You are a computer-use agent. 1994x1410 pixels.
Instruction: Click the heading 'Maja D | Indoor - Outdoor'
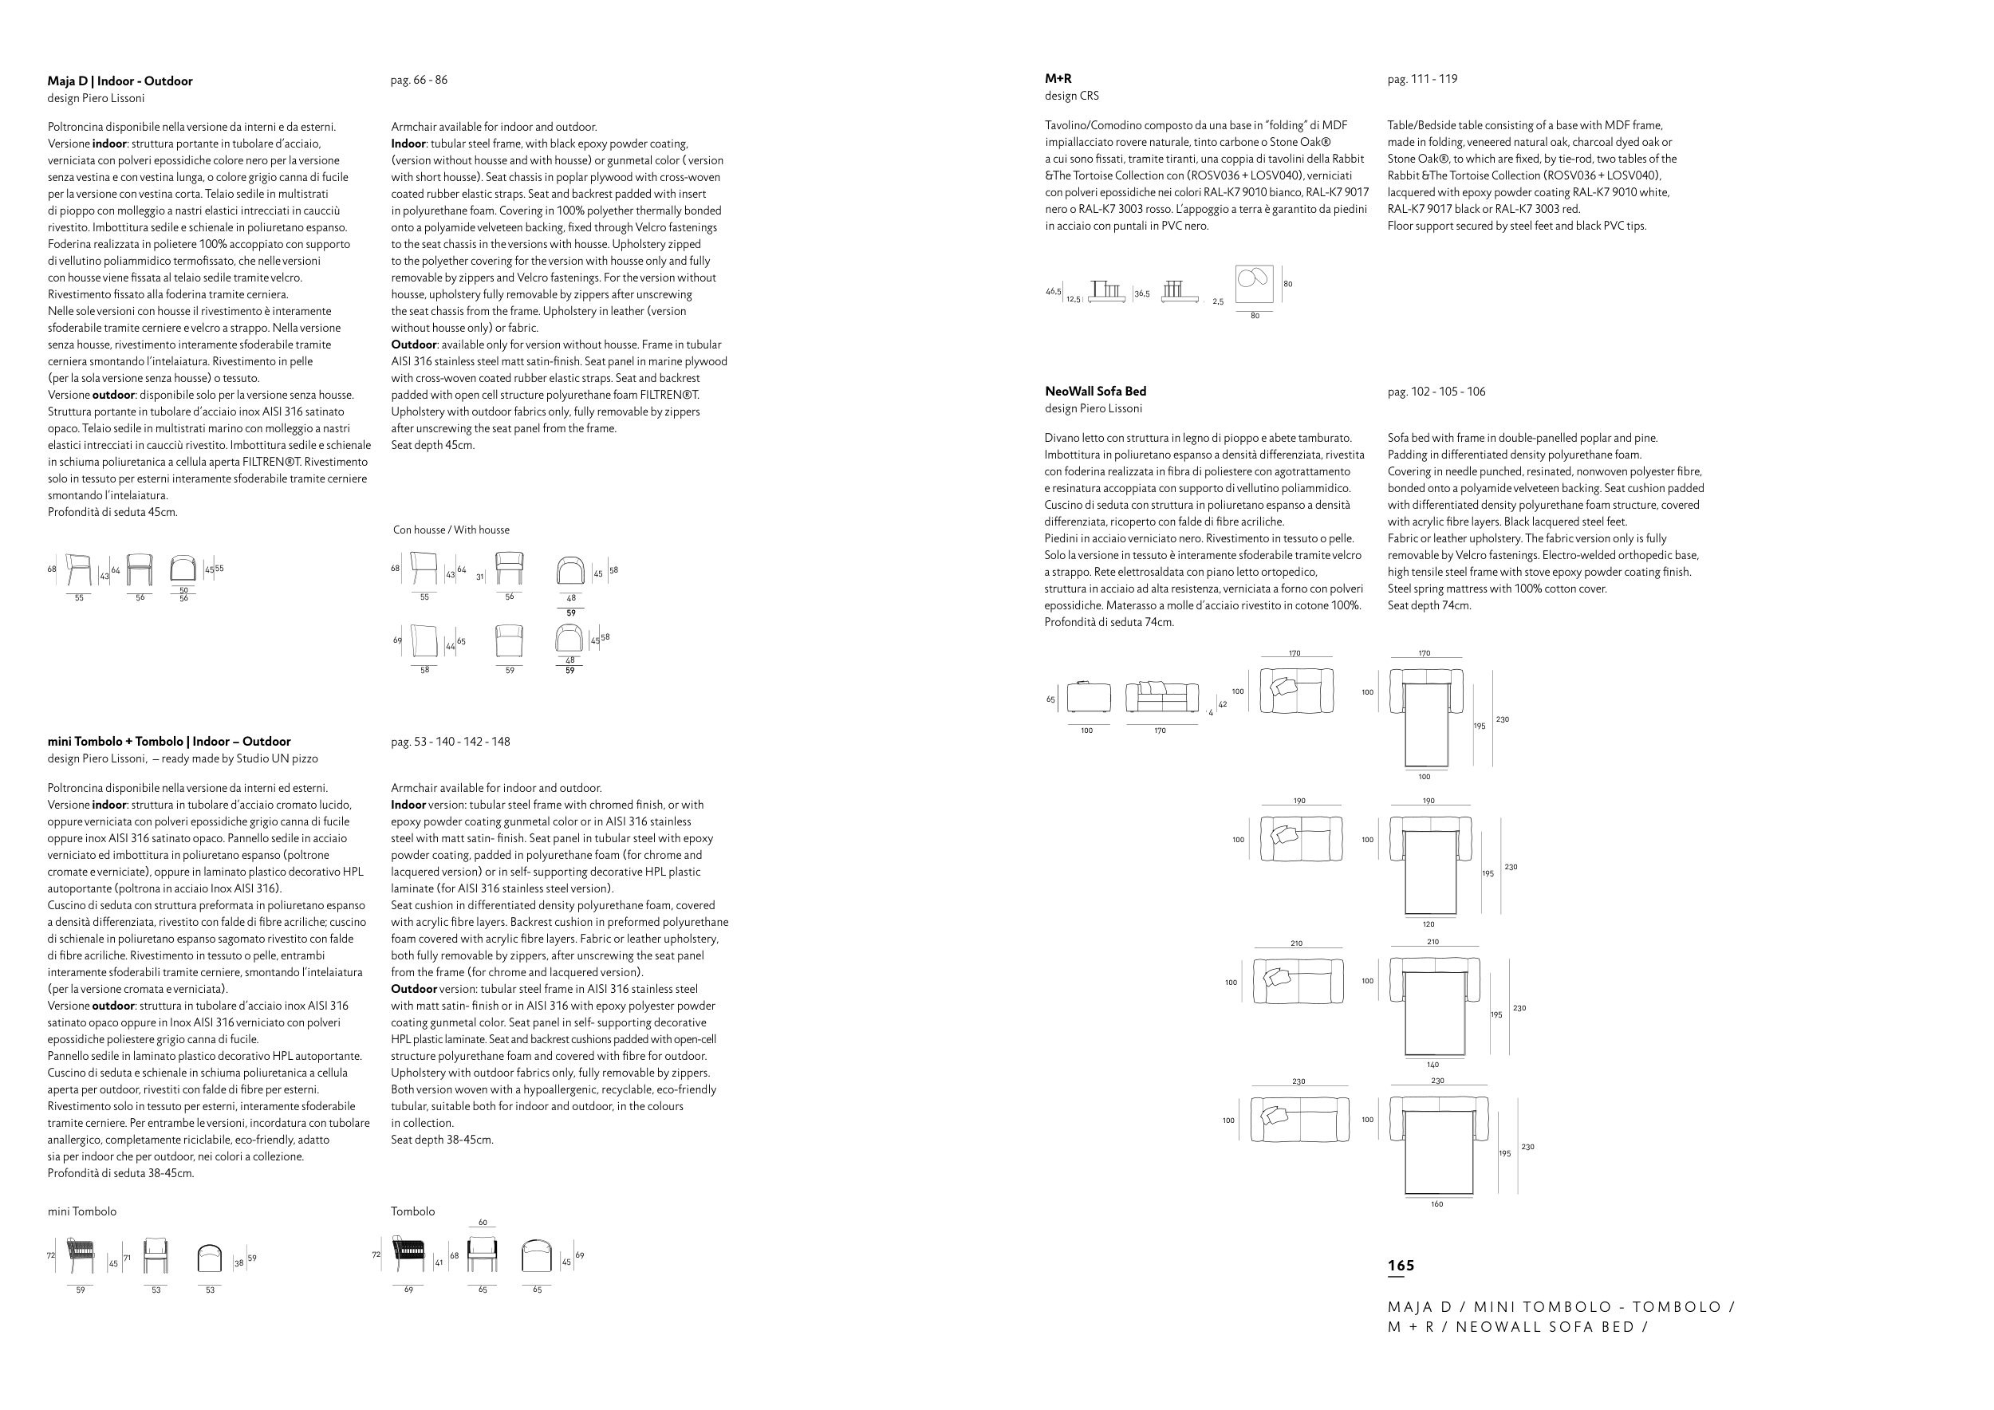120,81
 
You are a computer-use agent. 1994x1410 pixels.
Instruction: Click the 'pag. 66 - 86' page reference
419,80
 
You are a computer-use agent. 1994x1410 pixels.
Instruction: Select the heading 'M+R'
1058,79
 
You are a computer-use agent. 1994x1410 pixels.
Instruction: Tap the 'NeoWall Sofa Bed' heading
1095,392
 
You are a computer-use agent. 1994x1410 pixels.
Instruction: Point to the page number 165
1401,1265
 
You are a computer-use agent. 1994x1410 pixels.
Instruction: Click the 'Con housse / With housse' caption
451,530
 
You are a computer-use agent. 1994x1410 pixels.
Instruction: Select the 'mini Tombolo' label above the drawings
81,1211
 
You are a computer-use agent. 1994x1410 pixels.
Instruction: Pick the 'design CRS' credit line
1072,96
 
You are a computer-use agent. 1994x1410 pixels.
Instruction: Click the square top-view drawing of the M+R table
1254,284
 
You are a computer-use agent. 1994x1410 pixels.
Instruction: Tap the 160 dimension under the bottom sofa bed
1436,1204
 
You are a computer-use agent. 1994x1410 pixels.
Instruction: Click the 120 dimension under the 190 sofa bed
1429,924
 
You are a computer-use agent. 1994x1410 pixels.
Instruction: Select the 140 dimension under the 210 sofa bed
1432,1065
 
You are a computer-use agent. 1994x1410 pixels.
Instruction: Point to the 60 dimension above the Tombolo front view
483,1223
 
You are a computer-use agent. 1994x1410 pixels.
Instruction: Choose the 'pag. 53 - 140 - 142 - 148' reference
450,742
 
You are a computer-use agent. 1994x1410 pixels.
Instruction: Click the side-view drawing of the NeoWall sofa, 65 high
1088,697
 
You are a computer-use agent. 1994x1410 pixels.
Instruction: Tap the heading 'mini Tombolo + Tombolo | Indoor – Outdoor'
168,742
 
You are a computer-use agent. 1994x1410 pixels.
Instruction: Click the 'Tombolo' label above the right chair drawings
412,1211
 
